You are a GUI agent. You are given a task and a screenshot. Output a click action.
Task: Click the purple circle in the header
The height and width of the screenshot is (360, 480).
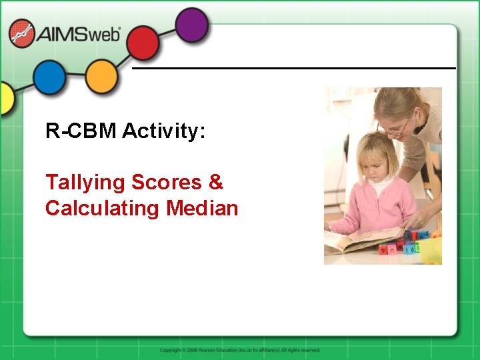pyautogui.click(x=193, y=24)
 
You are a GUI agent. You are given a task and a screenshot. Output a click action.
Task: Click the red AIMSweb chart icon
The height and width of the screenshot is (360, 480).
pyautogui.click(x=22, y=33)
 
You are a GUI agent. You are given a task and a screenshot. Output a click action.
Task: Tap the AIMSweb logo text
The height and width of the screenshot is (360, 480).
pyautogui.click(x=79, y=33)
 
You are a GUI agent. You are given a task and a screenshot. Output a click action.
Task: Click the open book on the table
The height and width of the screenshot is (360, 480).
pyautogui.click(x=363, y=241)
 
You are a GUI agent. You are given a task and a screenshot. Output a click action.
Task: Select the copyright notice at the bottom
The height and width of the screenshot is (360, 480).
pyautogui.click(x=240, y=350)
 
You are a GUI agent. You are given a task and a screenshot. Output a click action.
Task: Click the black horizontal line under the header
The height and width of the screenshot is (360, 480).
pyautogui.click(x=293, y=68)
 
